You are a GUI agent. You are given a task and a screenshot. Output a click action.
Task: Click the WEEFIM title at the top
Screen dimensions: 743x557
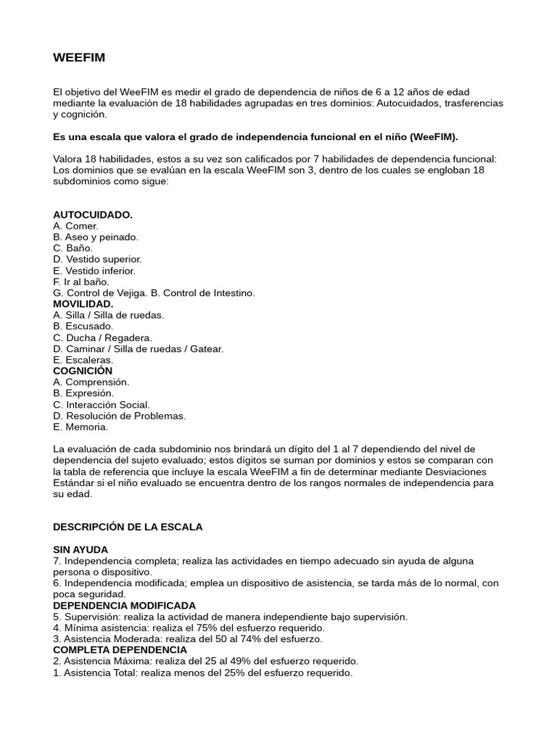point(79,57)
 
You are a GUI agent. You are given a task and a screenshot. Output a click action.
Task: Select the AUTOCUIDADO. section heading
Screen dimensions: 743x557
point(93,215)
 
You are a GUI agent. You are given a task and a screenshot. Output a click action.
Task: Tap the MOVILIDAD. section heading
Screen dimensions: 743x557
point(83,304)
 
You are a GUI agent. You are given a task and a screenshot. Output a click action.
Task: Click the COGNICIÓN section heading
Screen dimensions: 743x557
point(83,371)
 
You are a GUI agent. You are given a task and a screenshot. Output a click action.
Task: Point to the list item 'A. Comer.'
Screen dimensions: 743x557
point(76,226)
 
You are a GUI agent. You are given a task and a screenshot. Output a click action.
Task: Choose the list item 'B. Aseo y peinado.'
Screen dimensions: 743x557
point(96,237)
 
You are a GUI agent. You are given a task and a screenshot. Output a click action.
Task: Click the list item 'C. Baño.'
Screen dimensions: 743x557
point(73,248)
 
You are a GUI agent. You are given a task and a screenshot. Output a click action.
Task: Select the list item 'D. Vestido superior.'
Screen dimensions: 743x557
point(97,259)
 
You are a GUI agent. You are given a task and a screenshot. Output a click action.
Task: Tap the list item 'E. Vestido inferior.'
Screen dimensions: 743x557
point(94,271)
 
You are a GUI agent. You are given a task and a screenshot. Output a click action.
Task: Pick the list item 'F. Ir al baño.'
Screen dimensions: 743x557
point(81,282)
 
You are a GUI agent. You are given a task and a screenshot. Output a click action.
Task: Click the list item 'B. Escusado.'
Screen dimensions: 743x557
point(83,327)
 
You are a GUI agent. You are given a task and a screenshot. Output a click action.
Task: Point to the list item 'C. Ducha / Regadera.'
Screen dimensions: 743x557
point(102,337)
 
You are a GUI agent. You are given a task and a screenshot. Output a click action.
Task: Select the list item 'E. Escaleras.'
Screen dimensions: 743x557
point(83,360)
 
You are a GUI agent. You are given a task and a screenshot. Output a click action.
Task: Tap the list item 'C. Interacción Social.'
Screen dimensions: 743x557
point(102,405)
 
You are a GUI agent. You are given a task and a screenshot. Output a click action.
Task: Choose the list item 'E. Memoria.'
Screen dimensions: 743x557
point(81,427)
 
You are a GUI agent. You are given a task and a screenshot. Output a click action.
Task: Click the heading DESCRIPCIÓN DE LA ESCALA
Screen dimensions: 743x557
point(128,527)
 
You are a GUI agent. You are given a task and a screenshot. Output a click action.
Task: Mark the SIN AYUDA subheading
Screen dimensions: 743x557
point(81,549)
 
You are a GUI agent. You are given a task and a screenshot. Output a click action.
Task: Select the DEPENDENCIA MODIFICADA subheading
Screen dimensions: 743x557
point(124,605)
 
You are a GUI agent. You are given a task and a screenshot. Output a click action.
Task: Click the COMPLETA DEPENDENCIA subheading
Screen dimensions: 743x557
point(120,650)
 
